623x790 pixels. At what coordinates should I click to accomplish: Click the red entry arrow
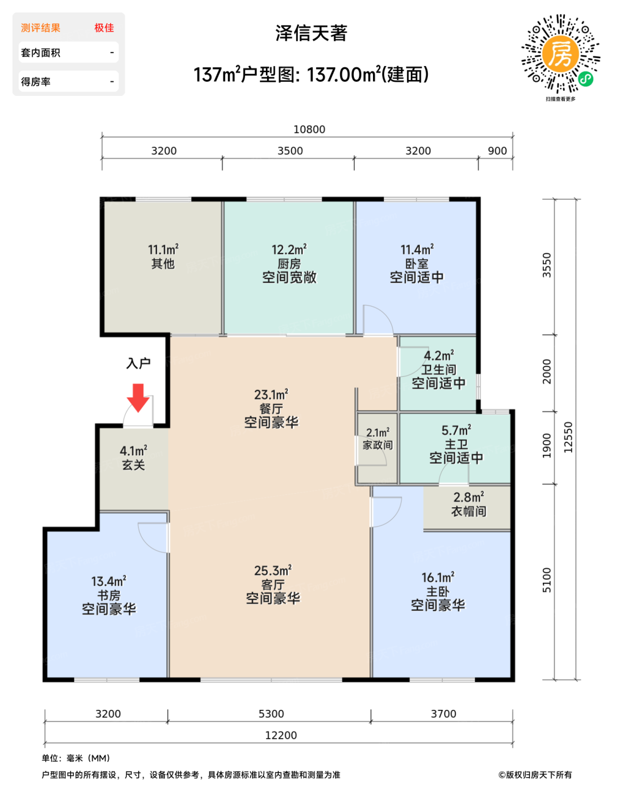coord(138,398)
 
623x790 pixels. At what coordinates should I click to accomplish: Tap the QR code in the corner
coord(560,54)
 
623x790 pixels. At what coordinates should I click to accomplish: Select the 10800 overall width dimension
coord(309,129)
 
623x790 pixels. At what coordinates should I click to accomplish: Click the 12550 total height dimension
coord(568,437)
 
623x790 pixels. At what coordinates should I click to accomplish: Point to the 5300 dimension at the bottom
coord(271,713)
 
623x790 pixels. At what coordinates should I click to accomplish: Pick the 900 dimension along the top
coord(497,151)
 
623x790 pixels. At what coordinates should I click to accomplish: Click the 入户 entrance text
coord(138,363)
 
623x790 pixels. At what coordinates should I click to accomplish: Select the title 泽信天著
coord(311,33)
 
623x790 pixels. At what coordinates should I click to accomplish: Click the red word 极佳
coord(104,28)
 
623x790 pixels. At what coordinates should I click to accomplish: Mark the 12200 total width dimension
coord(281,735)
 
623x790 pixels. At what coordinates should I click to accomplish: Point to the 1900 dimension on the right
coord(547,445)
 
